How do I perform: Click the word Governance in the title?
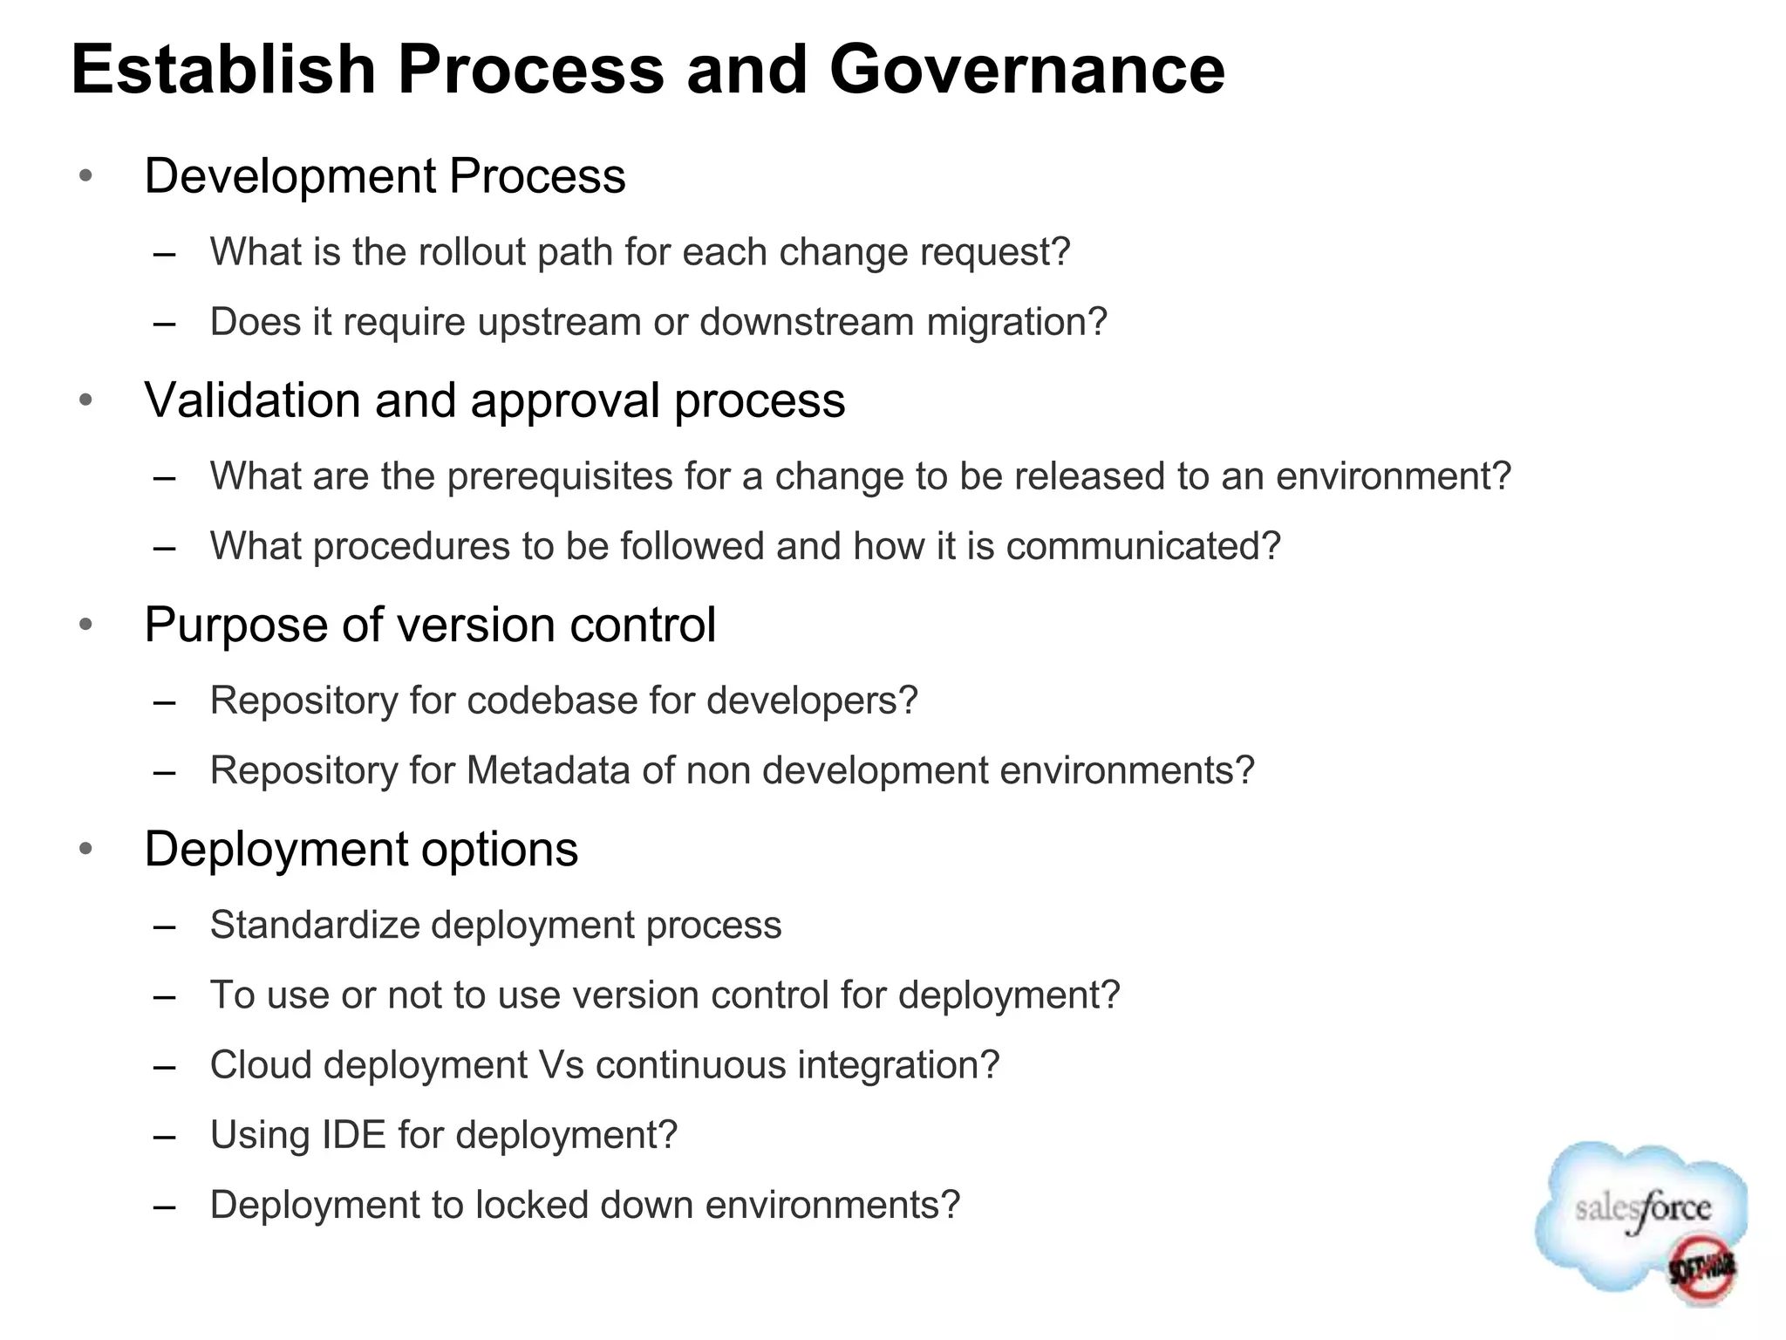pos(1026,70)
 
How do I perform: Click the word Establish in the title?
pos(222,70)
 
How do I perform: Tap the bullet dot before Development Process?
pos(85,175)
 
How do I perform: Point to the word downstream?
pos(807,322)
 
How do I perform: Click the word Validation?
pos(252,400)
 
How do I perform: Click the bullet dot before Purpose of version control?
pos(85,625)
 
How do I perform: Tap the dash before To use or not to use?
pos(165,996)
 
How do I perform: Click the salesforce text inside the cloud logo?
pos(1642,1209)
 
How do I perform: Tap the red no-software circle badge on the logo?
pos(1701,1269)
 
